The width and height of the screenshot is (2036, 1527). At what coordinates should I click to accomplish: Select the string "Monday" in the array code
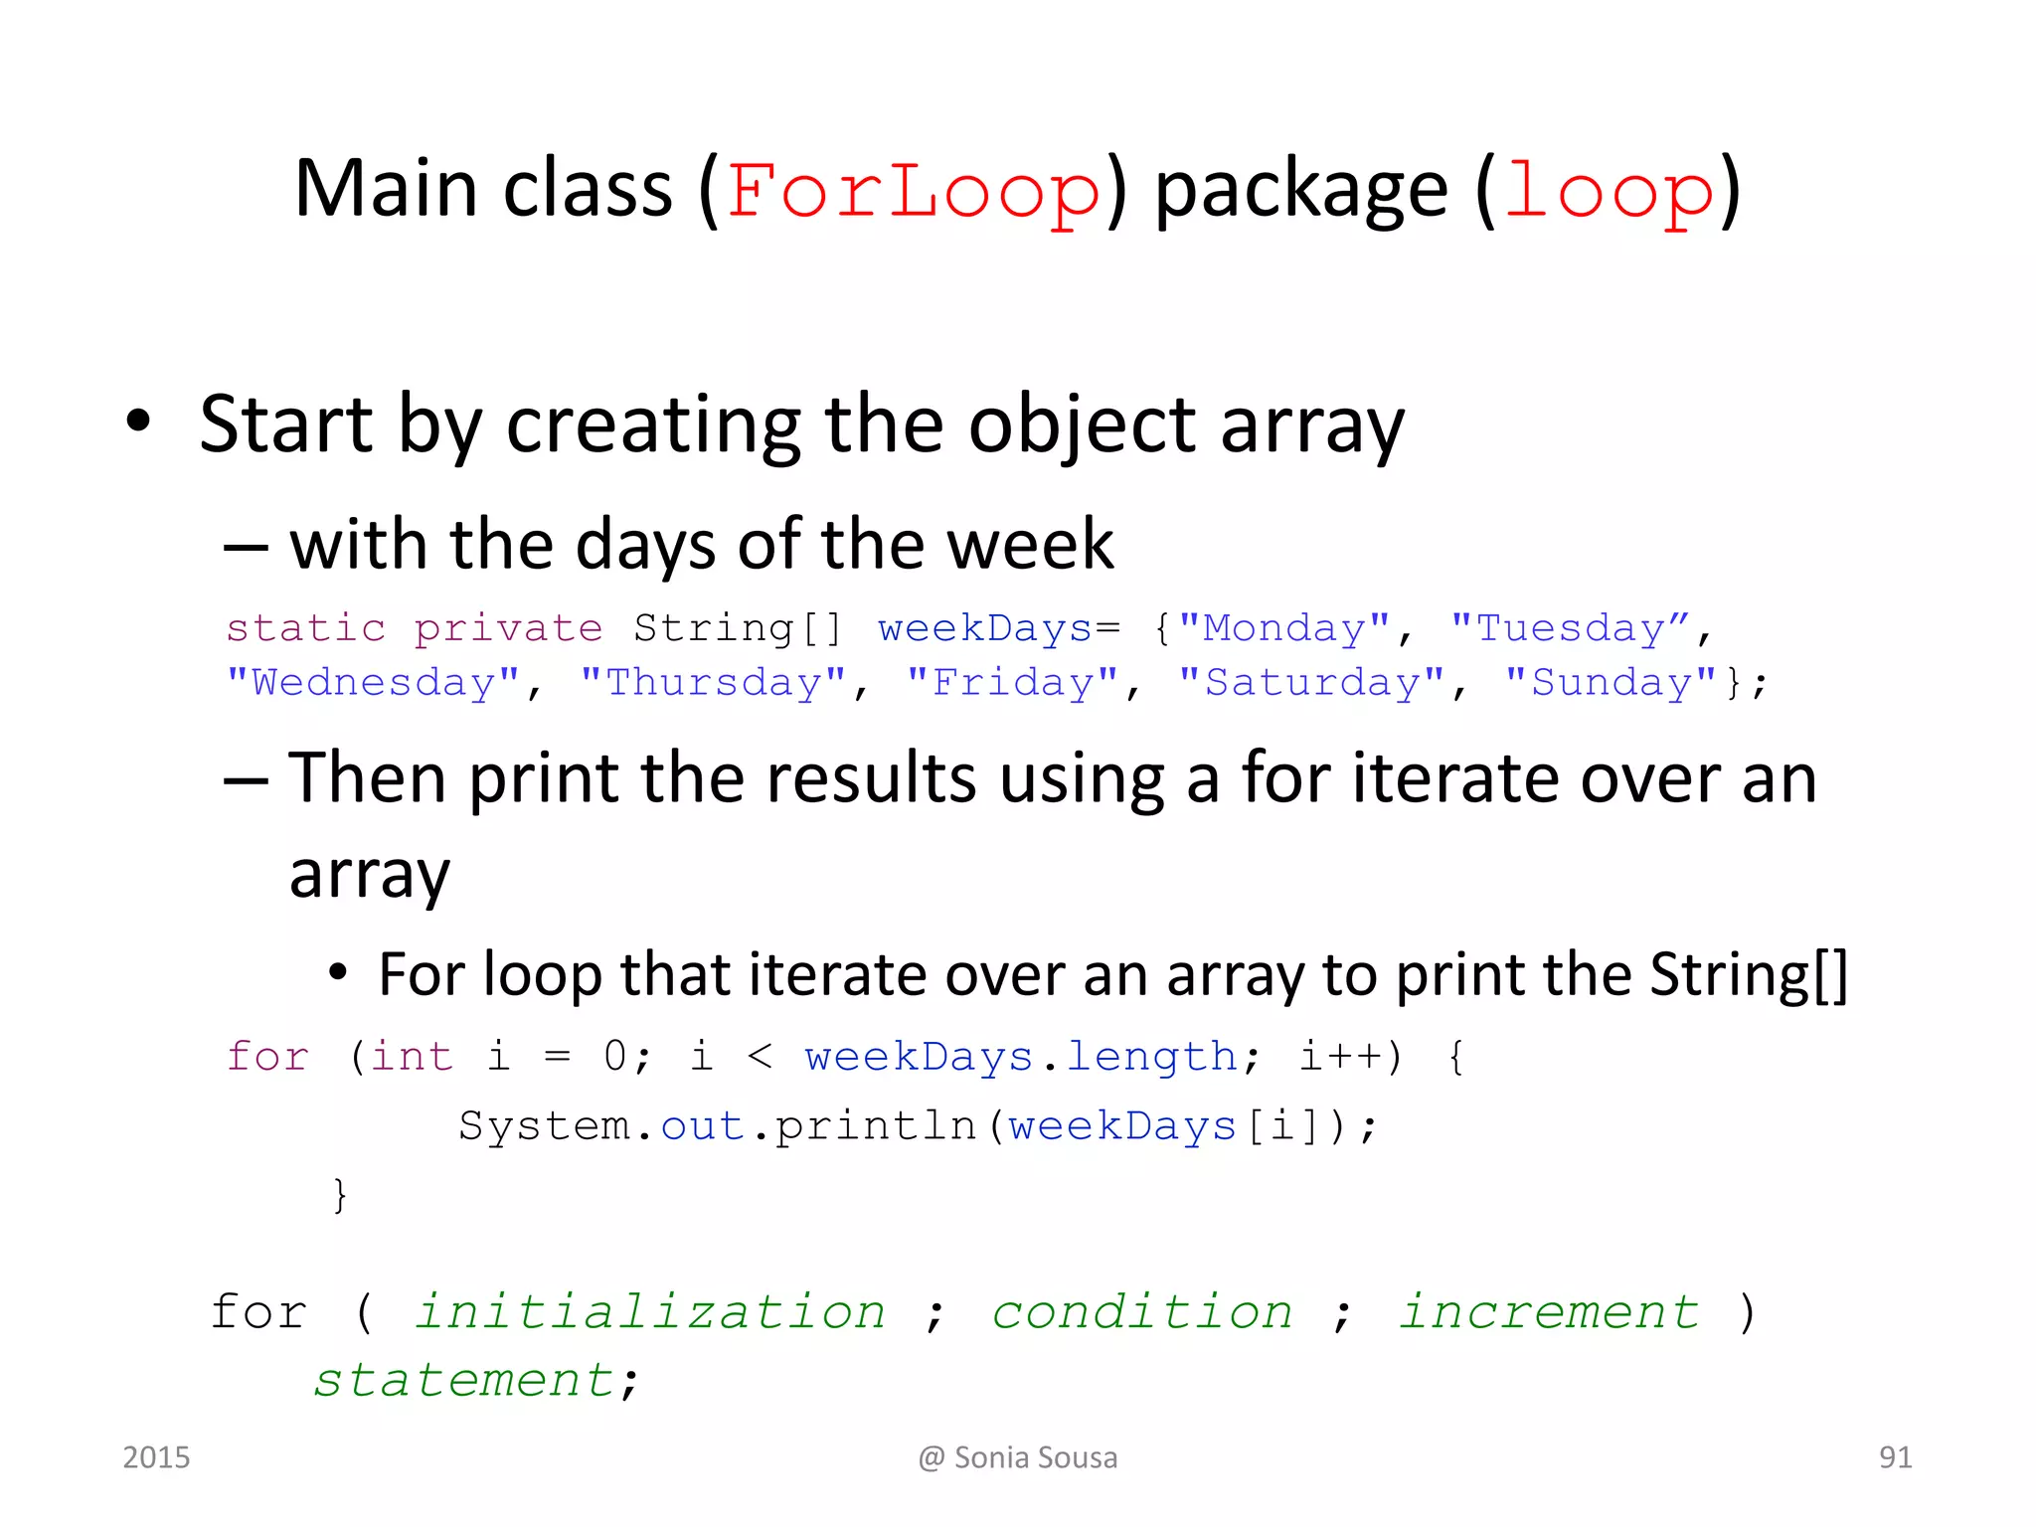(1284, 628)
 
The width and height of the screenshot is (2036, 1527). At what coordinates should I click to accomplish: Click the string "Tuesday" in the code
(1570, 628)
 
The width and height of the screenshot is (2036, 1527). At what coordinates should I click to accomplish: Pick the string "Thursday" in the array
(713, 683)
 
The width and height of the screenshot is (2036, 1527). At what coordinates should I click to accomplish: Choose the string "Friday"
(1012, 683)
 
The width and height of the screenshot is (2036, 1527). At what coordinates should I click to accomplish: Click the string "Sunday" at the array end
(1611, 683)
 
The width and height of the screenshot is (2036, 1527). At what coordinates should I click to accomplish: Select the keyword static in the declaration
(305, 628)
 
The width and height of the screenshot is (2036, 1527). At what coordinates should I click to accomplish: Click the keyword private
(508, 628)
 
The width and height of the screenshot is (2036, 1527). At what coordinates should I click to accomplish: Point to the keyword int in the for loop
(412, 1057)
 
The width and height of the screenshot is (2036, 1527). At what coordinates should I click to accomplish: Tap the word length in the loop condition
(1151, 1057)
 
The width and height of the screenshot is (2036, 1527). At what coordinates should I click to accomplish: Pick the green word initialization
(650, 1312)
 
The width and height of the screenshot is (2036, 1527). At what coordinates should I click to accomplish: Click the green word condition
(1142, 1312)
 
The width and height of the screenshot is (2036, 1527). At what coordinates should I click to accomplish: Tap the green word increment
(1549, 1312)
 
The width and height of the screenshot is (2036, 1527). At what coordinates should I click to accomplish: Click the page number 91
(1895, 1457)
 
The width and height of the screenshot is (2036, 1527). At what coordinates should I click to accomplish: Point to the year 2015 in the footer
(156, 1457)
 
